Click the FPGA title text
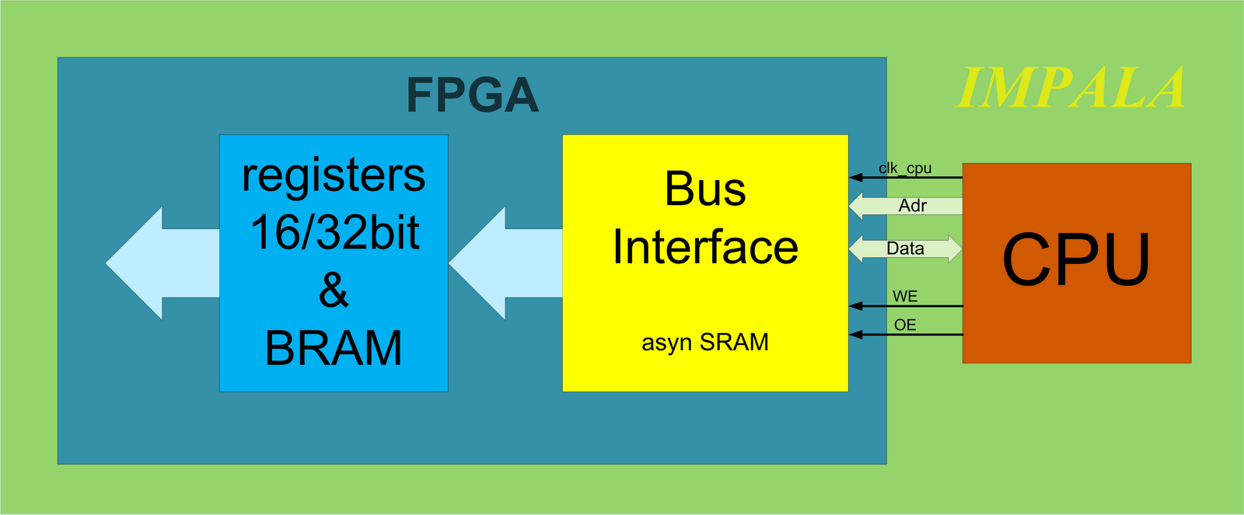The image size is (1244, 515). point(473,95)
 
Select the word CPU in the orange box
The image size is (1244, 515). point(1076,259)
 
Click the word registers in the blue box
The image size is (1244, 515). point(334,177)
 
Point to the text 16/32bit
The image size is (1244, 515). point(335,232)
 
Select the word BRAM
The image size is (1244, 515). point(334,348)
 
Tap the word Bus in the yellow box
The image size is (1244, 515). point(705,189)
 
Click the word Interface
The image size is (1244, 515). point(705,247)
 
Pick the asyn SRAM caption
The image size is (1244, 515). point(705,342)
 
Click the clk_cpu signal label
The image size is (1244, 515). point(905,168)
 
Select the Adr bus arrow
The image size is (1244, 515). point(906,206)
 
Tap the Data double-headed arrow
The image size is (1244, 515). point(905,248)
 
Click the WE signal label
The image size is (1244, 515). point(905,297)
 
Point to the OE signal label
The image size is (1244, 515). point(905,325)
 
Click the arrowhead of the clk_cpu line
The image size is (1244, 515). point(855,178)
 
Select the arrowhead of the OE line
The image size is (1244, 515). point(855,335)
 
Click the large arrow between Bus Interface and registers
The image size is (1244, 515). point(505,263)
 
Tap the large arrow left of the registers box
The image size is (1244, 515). point(162,263)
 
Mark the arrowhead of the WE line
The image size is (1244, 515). point(855,306)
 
